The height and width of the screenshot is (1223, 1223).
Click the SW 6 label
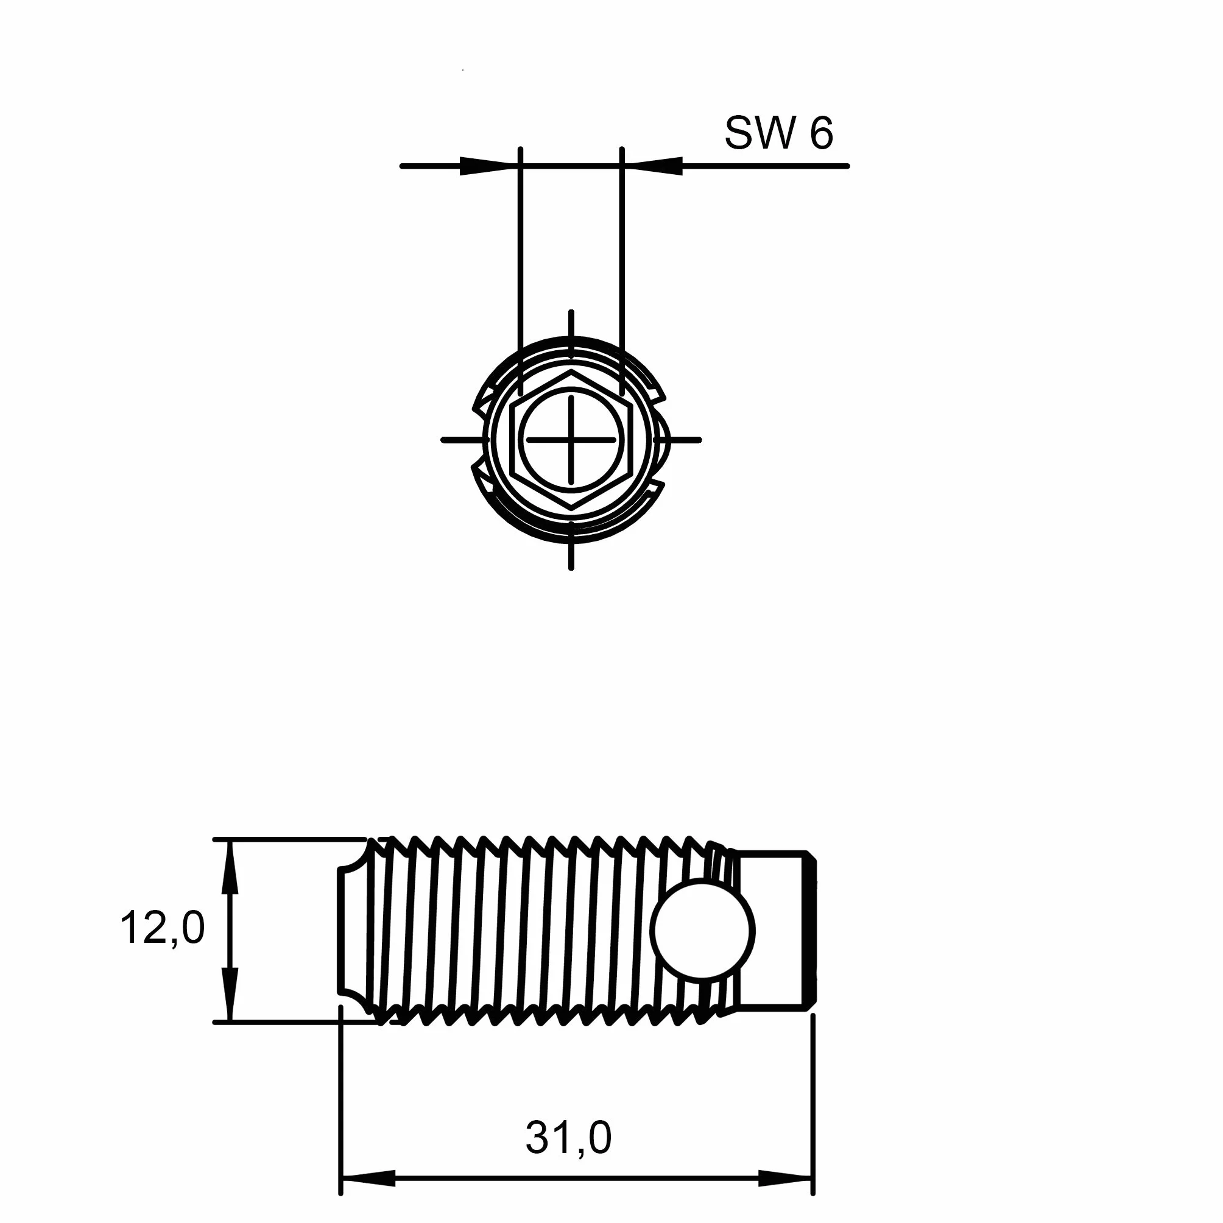(778, 133)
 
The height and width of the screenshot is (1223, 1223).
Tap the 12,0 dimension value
(162, 928)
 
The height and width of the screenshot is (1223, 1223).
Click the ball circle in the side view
(702, 931)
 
